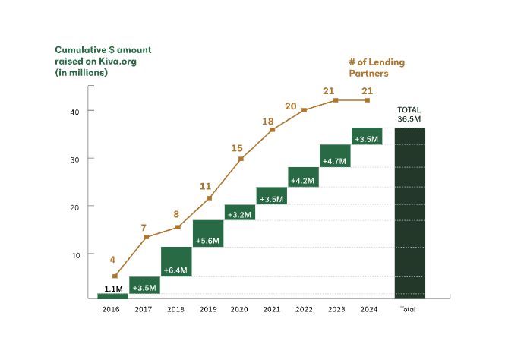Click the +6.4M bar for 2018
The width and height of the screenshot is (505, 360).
coord(176,262)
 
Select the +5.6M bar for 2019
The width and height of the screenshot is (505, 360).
coord(208,233)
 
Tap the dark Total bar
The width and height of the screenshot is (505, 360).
coord(410,213)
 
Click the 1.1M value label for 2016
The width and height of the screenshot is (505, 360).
coord(113,288)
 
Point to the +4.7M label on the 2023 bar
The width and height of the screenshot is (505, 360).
coord(335,161)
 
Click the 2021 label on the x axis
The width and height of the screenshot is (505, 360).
coord(271,309)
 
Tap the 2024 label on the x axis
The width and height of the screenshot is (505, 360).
coord(367,309)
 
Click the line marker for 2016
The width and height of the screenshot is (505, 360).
coord(115,276)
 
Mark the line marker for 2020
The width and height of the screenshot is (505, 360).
coord(241,159)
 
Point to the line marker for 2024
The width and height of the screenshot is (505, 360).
coord(367,100)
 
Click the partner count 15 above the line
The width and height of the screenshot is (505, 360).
coord(238,148)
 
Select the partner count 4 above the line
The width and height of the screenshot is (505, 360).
coord(112,259)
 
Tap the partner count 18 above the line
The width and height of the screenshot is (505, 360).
coord(268,122)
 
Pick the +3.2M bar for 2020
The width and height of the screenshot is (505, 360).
coord(240,213)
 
